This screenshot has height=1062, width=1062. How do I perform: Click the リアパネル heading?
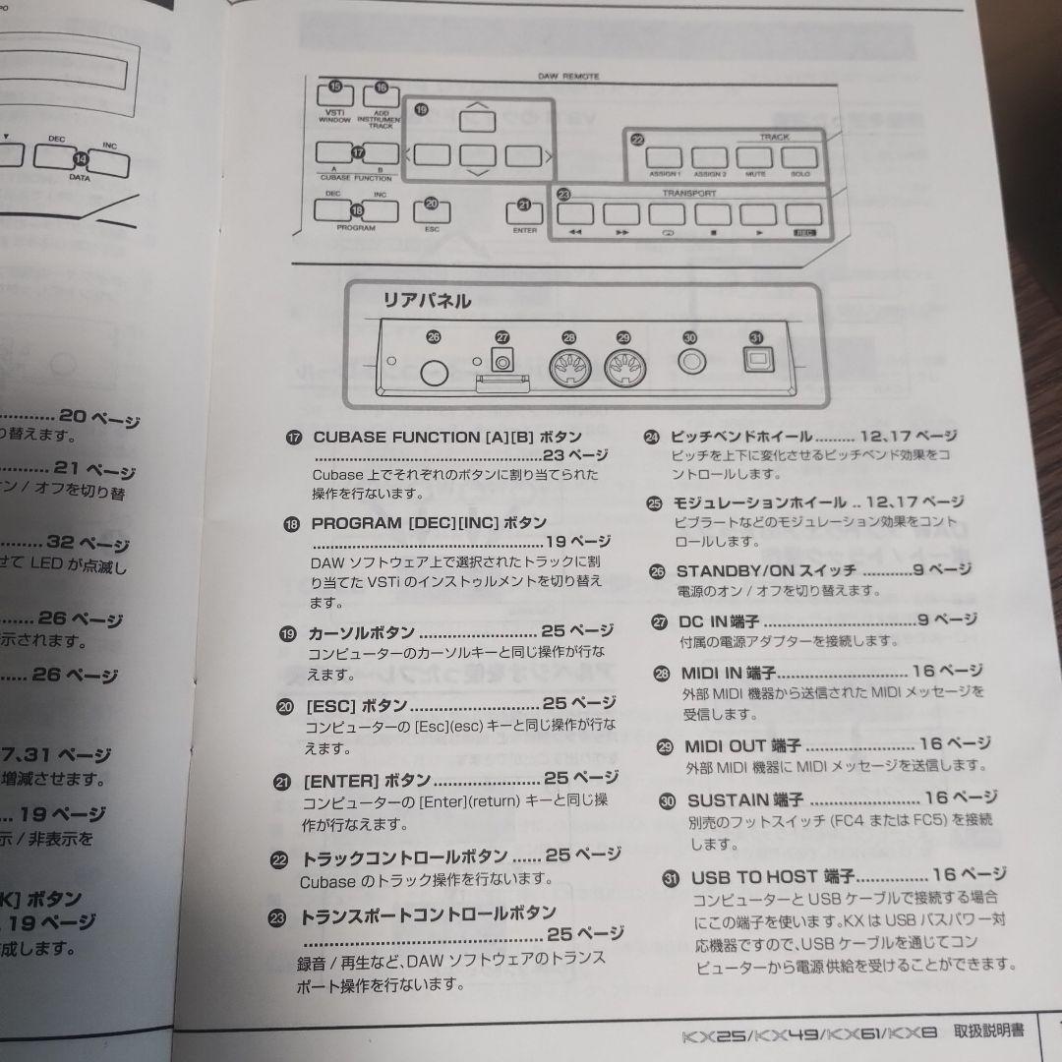click(426, 301)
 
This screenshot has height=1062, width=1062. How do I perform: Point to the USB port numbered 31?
click(755, 363)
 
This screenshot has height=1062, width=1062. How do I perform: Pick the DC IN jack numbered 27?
click(503, 361)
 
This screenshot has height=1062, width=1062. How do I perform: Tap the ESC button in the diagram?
click(432, 211)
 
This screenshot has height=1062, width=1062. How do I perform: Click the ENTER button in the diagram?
click(524, 211)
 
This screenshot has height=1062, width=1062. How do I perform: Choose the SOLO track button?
click(799, 157)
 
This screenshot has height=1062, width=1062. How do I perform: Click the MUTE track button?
click(754, 157)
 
